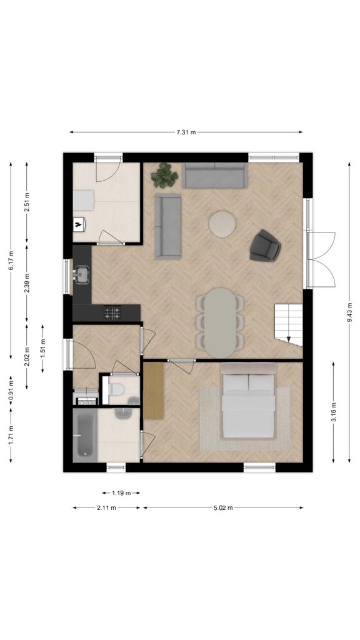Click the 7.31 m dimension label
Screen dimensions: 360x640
(186, 132)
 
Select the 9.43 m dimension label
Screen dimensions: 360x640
(349, 312)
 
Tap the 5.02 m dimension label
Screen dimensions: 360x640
(223, 507)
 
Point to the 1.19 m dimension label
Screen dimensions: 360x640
(121, 492)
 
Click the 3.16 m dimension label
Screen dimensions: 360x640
(334, 412)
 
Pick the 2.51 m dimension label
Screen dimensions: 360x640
(26, 202)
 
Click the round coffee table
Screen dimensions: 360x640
(222, 223)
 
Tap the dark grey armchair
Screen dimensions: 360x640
(265, 246)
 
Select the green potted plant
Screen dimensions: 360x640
(164, 176)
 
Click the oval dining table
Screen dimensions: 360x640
(220, 323)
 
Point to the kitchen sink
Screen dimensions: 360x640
(82, 274)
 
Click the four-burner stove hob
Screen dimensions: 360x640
(112, 312)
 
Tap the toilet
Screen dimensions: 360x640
(116, 389)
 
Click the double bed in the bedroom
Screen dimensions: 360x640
(248, 400)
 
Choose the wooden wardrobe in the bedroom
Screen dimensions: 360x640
(154, 391)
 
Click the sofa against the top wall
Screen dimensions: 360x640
(215, 176)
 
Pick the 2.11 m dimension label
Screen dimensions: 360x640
(106, 507)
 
